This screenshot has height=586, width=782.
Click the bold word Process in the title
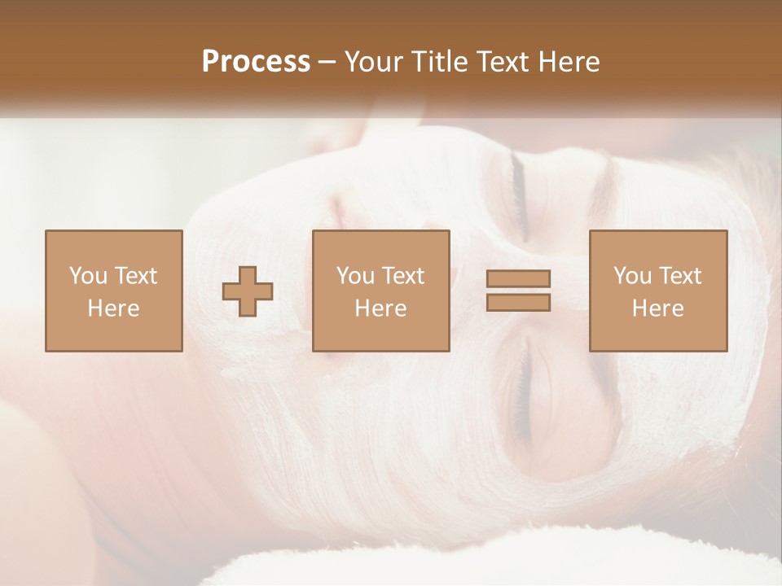pos(256,62)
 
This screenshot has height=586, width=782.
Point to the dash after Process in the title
pos(327,63)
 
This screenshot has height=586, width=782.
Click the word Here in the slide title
pos(570,62)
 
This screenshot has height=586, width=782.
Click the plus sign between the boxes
pos(248,291)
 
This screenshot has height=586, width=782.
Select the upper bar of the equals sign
pos(518,278)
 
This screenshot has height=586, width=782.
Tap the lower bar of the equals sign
pos(518,302)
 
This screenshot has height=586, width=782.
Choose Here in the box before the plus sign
pos(113,308)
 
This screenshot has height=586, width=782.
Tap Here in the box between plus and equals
pos(380,308)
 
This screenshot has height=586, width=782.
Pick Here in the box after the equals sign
pos(657,308)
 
